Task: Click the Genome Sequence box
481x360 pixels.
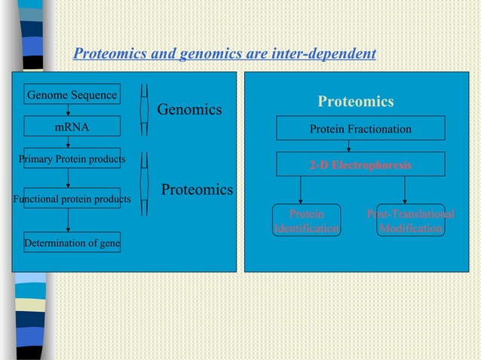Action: [x=72, y=95]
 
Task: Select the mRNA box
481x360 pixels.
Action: [x=72, y=127]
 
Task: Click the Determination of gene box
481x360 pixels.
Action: [x=72, y=243]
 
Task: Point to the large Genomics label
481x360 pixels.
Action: [x=189, y=110]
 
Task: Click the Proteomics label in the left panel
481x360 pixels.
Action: [x=198, y=190]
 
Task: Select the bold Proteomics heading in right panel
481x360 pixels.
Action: [x=356, y=102]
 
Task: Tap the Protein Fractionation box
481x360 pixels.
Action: [x=360, y=129]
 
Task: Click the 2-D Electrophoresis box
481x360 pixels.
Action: [x=360, y=164]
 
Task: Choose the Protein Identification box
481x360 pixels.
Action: [x=306, y=221]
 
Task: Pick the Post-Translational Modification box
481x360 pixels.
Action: [x=411, y=221]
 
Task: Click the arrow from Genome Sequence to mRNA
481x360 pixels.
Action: [x=69, y=111]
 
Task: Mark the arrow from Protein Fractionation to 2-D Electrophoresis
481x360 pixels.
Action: [x=348, y=146]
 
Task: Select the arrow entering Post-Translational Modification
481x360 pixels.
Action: [x=406, y=191]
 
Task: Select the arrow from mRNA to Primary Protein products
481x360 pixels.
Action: [x=69, y=142]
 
